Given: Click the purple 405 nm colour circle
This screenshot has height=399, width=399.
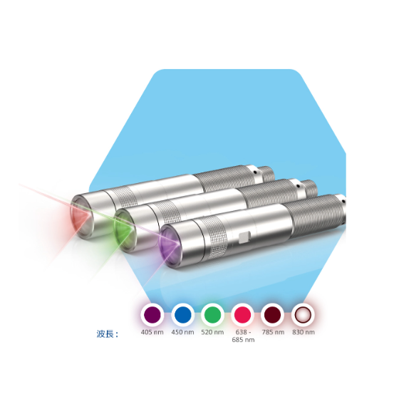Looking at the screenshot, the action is pyautogui.click(x=152, y=315).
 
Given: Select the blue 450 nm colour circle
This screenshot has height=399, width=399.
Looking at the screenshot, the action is pyautogui.click(x=182, y=315).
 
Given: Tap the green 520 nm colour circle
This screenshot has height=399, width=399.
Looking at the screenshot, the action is pyautogui.click(x=212, y=315).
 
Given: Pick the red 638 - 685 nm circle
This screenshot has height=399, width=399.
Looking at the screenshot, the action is pyautogui.click(x=242, y=315).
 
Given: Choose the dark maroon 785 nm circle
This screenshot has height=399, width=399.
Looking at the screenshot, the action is pyautogui.click(x=272, y=315).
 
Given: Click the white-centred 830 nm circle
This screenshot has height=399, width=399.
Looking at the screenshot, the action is pyautogui.click(x=303, y=315).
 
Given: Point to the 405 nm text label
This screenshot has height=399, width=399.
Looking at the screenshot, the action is pyautogui.click(x=152, y=332).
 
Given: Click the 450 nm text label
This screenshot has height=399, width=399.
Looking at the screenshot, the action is pyautogui.click(x=182, y=332).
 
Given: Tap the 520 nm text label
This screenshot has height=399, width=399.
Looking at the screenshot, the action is pyautogui.click(x=212, y=332).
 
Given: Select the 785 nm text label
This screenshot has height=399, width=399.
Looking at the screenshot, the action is pyautogui.click(x=273, y=332).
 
